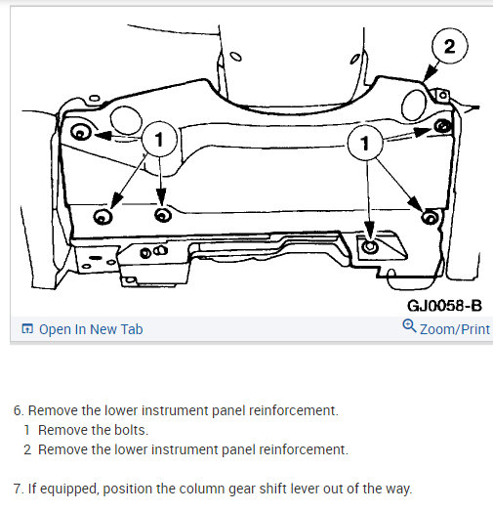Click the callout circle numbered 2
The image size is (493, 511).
450,46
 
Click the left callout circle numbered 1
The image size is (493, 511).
159,139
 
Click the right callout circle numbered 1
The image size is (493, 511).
365,143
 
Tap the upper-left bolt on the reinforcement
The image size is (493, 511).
80,132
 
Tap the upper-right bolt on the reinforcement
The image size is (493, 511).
443,126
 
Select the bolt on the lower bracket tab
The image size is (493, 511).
370,247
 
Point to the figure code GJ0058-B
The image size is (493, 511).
444,306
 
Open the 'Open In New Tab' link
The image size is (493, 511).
91,329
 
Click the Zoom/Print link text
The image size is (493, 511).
455,329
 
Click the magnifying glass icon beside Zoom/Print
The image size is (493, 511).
409,326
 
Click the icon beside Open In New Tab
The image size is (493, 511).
27,329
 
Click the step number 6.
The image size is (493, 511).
19,410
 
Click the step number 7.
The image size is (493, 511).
19,489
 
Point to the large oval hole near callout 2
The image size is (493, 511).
414,104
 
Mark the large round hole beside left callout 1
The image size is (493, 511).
126,120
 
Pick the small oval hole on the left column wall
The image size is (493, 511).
235,57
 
